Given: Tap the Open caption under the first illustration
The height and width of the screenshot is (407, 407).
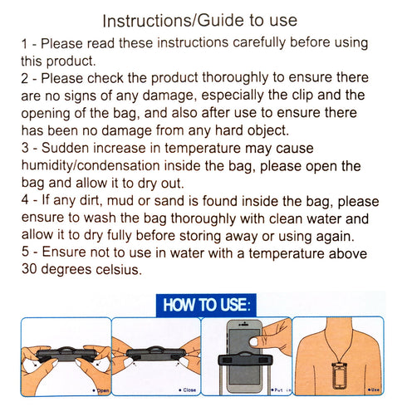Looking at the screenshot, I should pos(101,389).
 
